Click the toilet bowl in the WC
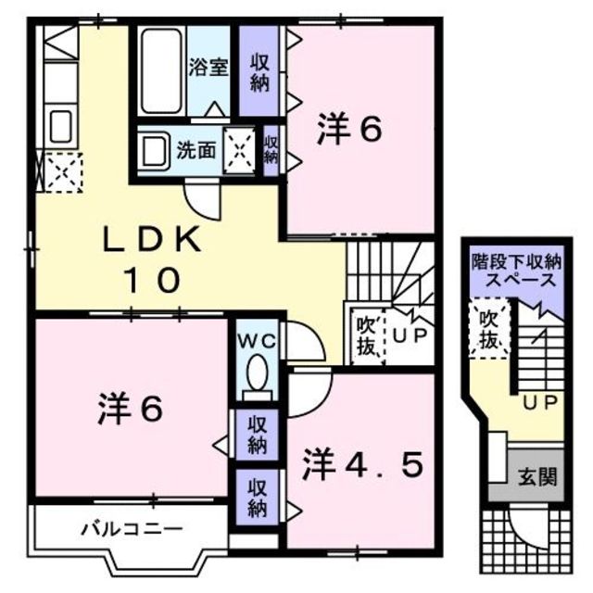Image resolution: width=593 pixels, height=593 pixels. click(257, 375)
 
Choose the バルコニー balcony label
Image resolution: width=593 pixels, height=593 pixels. click(131, 530)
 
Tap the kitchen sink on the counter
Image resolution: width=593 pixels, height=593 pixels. click(59, 124)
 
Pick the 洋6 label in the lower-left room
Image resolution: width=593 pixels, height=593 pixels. click(130, 409)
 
